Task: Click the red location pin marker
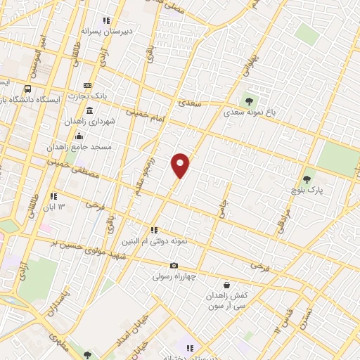tap(180, 165)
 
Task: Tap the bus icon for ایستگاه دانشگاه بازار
tap(27, 89)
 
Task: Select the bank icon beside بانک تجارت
tap(88, 85)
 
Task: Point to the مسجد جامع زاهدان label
tap(79, 146)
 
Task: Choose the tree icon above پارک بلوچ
tap(306, 180)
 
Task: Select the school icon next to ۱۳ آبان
tap(53, 196)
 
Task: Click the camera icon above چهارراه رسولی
tap(174, 266)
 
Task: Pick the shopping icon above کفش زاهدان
tap(226, 285)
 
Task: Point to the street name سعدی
tap(190, 103)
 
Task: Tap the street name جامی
tap(224, 211)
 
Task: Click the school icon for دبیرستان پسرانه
tap(107, 21)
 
